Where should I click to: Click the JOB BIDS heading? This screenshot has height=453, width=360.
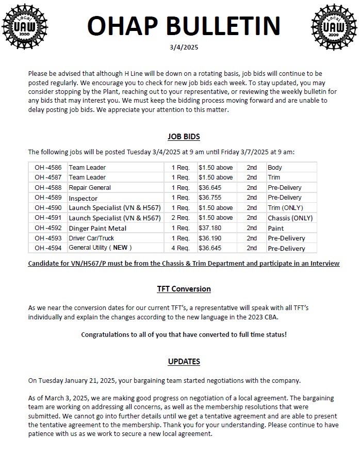(x=184, y=137)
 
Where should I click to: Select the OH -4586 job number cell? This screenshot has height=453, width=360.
(x=47, y=168)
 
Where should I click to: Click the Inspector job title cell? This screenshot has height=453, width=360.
(x=83, y=198)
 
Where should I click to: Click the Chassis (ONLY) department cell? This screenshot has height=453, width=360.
(x=290, y=218)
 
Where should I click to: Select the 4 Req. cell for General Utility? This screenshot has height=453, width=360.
(x=181, y=248)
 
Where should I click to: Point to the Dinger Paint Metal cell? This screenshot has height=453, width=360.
(x=97, y=228)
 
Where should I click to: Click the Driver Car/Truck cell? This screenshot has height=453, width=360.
(x=91, y=238)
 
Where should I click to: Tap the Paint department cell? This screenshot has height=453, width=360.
(x=275, y=228)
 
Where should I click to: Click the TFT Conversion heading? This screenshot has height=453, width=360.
(x=184, y=289)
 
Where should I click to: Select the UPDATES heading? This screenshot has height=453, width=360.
(x=184, y=362)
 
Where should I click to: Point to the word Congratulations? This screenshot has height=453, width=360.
(x=106, y=334)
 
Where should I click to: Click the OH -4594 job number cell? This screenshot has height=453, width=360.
(x=47, y=248)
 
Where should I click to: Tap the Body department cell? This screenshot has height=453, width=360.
(x=275, y=168)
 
